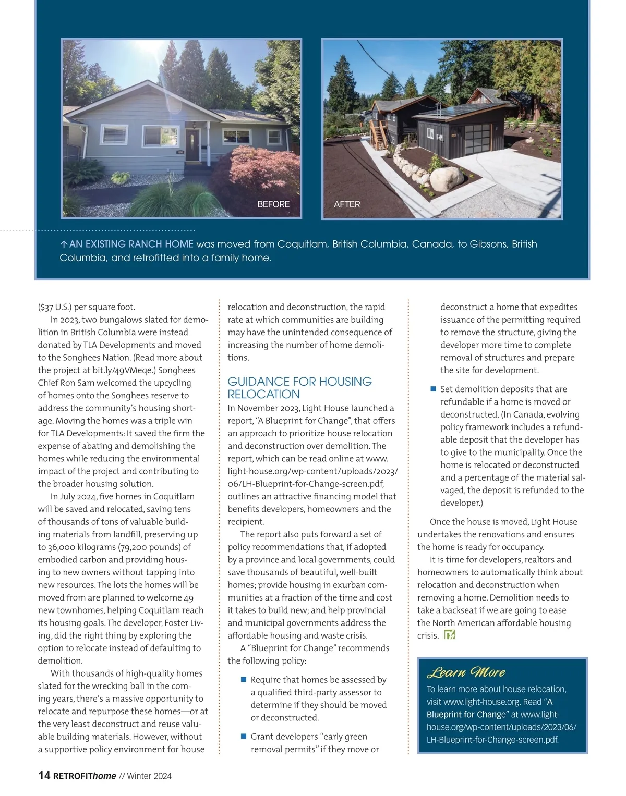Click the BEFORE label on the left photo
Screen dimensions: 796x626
(x=273, y=204)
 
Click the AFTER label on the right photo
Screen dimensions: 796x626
(x=347, y=204)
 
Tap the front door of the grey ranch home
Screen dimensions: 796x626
(x=192, y=145)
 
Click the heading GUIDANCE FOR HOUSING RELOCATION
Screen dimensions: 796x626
(x=299, y=388)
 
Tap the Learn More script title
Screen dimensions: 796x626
(x=466, y=672)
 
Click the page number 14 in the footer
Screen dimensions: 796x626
(x=44, y=776)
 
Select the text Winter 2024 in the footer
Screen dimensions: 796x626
(x=149, y=776)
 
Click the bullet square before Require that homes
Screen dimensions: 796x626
(x=243, y=680)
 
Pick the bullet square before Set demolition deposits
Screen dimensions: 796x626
(x=433, y=389)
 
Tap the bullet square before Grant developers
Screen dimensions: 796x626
(x=243, y=737)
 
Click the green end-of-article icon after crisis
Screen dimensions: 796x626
(x=449, y=635)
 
